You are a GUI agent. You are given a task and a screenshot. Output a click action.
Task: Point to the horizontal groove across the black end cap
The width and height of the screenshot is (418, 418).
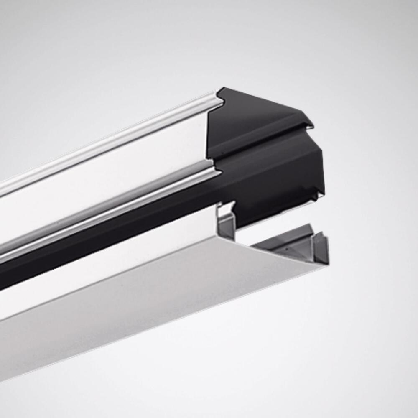tap(268, 142)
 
